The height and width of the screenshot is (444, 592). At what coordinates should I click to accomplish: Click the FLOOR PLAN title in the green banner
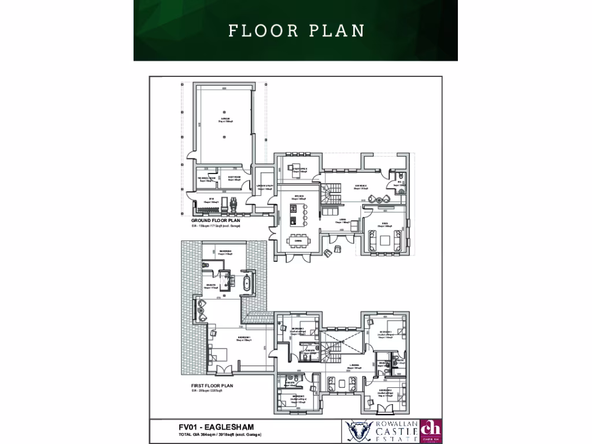(x=296, y=30)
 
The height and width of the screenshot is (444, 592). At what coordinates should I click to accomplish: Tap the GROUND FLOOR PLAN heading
(x=216, y=221)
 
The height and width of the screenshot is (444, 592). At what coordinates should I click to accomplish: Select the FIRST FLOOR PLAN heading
(x=212, y=385)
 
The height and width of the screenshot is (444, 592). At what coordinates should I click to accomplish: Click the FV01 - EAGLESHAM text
(x=216, y=427)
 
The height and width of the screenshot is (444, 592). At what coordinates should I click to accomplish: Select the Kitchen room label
(x=299, y=197)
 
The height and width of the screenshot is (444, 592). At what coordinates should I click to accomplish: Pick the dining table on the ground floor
(x=298, y=243)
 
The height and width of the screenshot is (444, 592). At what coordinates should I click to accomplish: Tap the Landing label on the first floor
(x=354, y=365)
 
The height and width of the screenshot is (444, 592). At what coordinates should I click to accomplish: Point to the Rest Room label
(x=234, y=179)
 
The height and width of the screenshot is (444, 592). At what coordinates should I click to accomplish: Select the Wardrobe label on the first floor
(x=225, y=251)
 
